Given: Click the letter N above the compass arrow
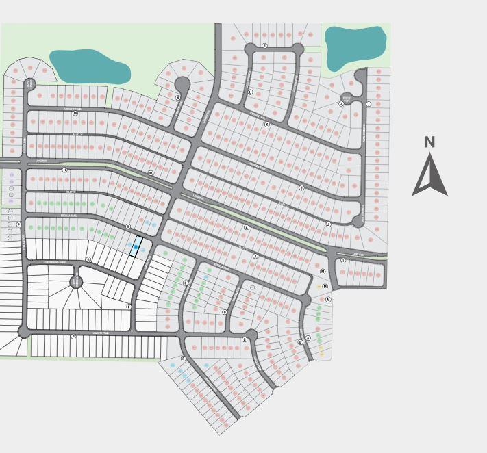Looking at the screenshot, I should click(x=429, y=142).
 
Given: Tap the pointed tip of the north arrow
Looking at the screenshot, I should click(x=429, y=155).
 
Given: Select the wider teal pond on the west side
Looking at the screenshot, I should click(x=90, y=66).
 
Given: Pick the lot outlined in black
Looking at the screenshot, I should click(x=136, y=246).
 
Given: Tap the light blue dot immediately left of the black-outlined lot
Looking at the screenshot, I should click(x=128, y=244).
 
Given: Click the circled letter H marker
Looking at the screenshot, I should click(x=65, y=170).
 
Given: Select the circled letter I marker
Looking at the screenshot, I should click(x=343, y=261).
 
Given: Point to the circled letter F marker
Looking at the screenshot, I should click(x=129, y=307).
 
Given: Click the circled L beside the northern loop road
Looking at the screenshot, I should click(x=250, y=92).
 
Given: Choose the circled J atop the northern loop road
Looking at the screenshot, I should click(x=264, y=46).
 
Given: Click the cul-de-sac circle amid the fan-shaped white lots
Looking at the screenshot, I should click(x=76, y=281).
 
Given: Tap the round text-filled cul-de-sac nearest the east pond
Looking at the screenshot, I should click(x=347, y=99).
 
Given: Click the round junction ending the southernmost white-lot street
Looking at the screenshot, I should click(x=24, y=332).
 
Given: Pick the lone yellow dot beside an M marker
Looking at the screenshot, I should click(x=319, y=286).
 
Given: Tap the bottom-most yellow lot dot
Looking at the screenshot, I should click(x=321, y=353).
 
